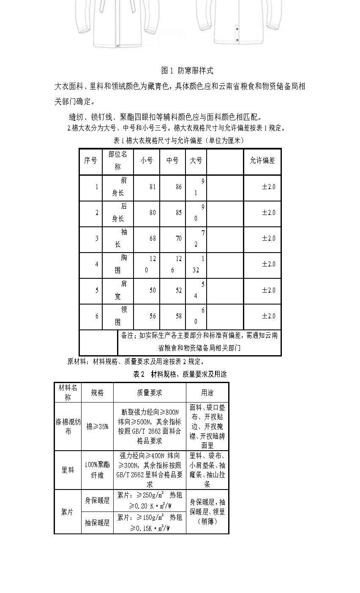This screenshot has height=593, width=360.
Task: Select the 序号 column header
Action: pos(90,160)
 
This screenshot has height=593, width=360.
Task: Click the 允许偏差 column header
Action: pos(262,160)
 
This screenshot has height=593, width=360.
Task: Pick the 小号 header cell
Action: pos(147,160)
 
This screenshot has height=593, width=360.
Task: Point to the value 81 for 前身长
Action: pos(153,186)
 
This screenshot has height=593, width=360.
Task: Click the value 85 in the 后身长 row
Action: pos(179,212)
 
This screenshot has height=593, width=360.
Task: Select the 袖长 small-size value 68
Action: pos(153,238)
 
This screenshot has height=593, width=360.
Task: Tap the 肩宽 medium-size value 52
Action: pos(179,290)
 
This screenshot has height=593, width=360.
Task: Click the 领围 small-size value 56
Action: pos(153,316)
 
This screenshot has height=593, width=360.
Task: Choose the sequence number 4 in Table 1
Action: pos(97,264)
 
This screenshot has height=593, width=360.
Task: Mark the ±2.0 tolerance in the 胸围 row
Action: pos(268,264)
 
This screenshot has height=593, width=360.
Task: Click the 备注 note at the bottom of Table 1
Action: pos(199,342)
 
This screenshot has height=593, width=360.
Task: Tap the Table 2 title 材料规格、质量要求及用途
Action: pos(180,374)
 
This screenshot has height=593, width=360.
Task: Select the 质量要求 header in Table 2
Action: pos(150,393)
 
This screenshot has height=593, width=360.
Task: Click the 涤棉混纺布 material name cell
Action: pos(68,426)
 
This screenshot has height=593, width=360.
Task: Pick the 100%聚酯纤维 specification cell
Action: pos(97,470)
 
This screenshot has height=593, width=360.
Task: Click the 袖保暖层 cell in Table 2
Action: pos(97,523)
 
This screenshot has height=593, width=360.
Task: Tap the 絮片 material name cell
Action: pos(68,512)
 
